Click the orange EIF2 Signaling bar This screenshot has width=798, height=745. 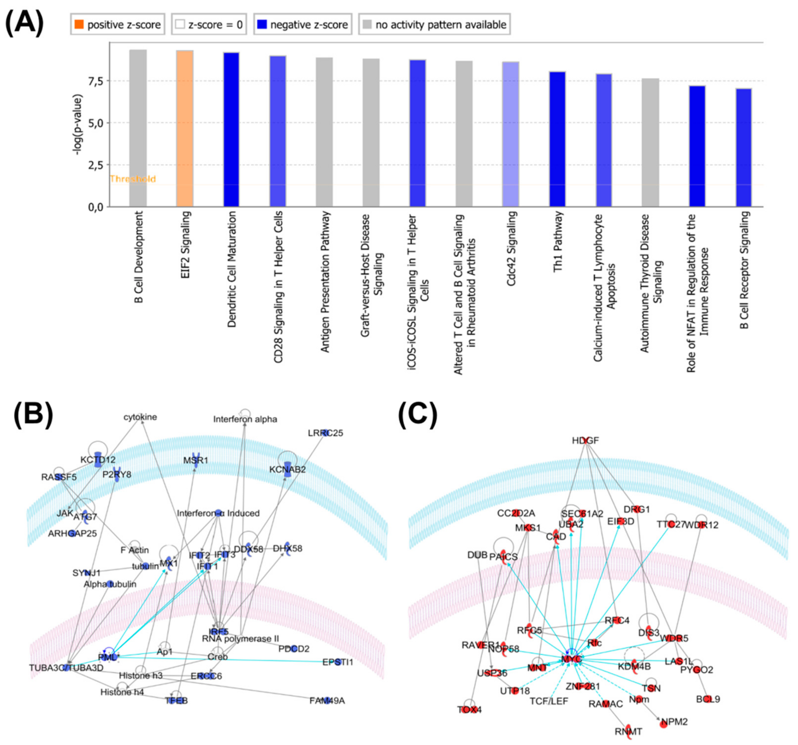click(185, 129)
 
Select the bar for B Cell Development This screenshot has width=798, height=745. click(138, 129)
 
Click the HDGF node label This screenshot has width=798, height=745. click(585, 440)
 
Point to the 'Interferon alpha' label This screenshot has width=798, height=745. click(245, 419)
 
